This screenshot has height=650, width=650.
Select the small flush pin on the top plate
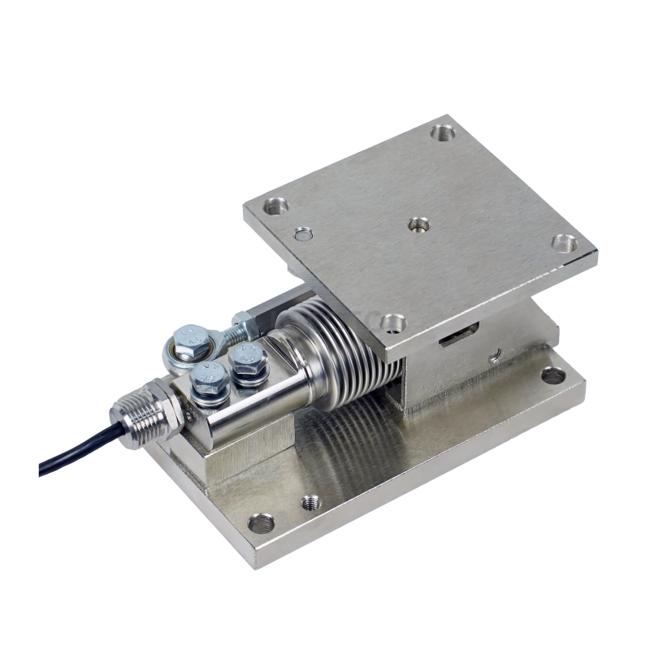(x=302, y=236)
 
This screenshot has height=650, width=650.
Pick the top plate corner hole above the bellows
(x=394, y=322)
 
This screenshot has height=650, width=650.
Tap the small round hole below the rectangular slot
(x=493, y=356)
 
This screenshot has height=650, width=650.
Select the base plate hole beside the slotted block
(x=555, y=375)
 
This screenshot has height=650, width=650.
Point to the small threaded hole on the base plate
(x=310, y=501)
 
